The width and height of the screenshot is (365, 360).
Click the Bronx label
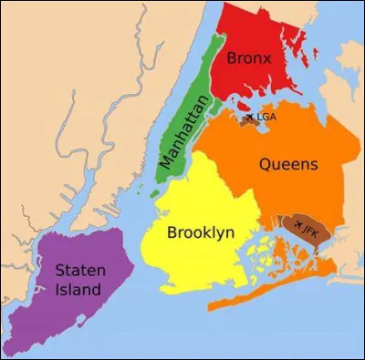tap(250, 58)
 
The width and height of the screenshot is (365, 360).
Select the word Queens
tap(288, 165)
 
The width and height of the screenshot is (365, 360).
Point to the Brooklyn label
tap(200, 232)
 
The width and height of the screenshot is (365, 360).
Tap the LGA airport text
tap(266, 117)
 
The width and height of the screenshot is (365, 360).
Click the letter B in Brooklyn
tap(172, 232)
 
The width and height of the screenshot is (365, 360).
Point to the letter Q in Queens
tap(266, 165)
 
